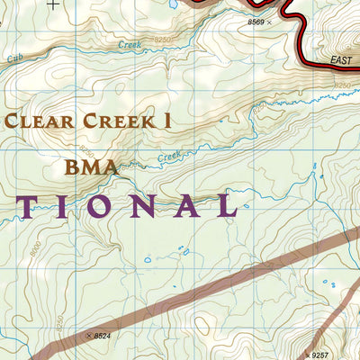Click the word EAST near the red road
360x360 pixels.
[x=341, y=60]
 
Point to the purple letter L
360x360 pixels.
[x=225, y=206]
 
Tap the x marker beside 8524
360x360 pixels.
[x=87, y=336]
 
